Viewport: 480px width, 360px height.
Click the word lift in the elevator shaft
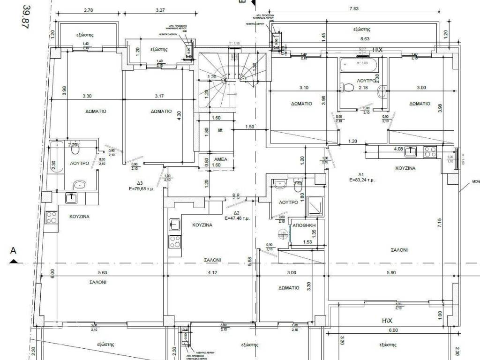[220, 130]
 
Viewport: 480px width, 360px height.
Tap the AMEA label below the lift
[220, 159]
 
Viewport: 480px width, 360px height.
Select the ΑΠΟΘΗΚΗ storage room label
[303, 225]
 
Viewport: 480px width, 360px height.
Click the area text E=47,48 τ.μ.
[237, 218]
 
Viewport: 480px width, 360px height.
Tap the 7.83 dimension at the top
[354, 8]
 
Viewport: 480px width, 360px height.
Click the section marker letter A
[13, 251]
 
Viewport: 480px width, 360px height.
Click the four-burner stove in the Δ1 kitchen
[430, 151]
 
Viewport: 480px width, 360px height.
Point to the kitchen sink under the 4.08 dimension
[411, 151]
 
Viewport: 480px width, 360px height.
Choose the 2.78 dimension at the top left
[87, 9]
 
